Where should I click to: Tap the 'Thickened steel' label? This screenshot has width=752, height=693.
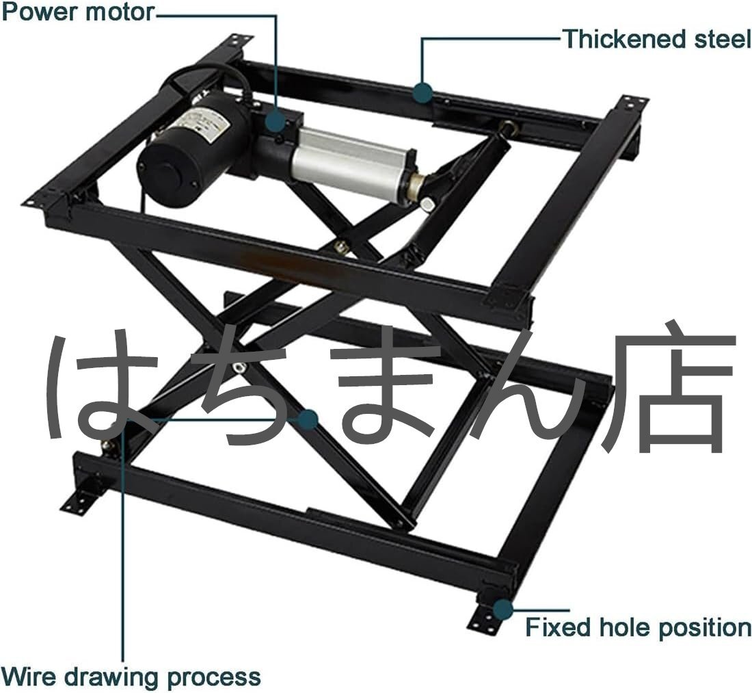[656, 39]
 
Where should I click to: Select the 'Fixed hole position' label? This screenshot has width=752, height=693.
[638, 627]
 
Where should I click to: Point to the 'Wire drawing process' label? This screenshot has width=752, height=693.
[131, 677]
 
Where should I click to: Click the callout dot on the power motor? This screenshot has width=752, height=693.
[276, 121]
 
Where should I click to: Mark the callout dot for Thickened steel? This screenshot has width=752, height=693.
[423, 92]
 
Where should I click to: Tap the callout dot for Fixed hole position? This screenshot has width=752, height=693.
[503, 608]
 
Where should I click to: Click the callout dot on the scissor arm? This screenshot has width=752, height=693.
[309, 419]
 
